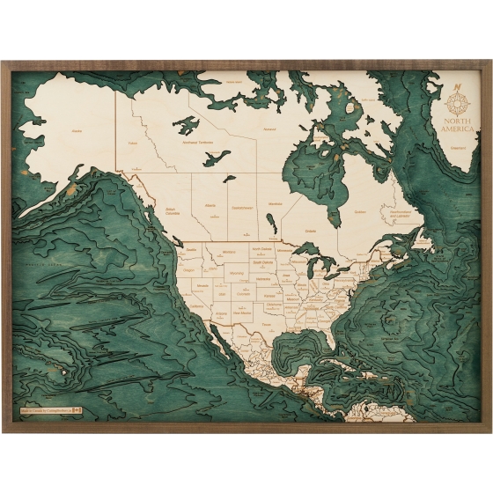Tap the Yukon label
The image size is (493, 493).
(133, 143)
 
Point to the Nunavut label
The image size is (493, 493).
(269, 129)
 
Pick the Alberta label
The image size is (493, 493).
(210, 205)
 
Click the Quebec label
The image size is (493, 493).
(359, 211)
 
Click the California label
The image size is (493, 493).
(196, 305)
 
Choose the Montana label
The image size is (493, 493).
(230, 253)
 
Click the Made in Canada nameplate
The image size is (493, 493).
(49, 409)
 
